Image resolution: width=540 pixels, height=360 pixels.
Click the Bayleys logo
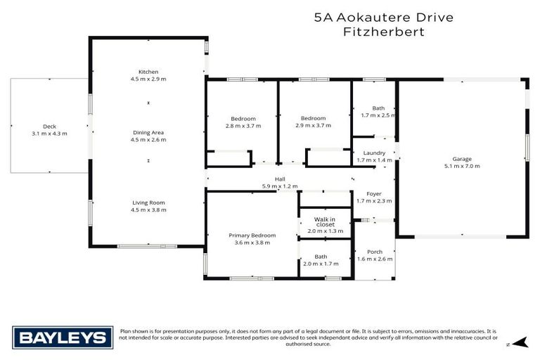tap(62, 337)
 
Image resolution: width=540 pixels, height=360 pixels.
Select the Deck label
tap(49, 126)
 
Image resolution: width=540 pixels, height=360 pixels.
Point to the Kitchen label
tap(148, 72)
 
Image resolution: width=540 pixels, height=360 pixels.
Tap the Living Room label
tap(148, 202)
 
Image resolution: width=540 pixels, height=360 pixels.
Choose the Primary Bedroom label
tap(252, 235)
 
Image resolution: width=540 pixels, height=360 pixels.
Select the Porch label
tap(375, 252)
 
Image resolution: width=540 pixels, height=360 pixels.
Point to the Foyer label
tap(374, 194)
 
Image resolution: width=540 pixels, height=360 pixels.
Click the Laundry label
tap(374, 153)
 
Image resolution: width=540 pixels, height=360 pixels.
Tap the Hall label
tap(280, 180)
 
